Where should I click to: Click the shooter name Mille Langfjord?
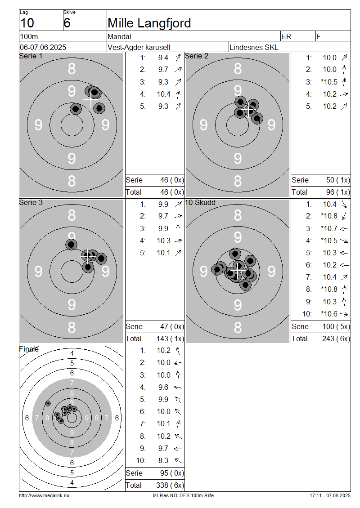[149, 23]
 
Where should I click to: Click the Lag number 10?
[27, 23]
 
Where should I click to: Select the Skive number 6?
[67, 23]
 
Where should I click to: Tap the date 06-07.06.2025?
[43, 47]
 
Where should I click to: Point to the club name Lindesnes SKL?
[254, 47]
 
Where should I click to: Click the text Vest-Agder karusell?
[139, 47]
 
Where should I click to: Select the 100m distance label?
[29, 36]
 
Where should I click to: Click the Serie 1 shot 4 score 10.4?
[163, 94]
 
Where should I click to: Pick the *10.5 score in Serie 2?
[329, 82]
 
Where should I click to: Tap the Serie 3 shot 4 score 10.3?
[163, 241]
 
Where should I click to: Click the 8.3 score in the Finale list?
[163, 460]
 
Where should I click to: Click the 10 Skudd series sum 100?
[328, 326]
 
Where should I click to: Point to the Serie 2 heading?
[197, 56]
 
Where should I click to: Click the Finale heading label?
[29, 349]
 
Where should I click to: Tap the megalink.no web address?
[44, 495]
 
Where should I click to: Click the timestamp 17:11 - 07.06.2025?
[330, 495]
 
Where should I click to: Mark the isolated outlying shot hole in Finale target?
[48, 403]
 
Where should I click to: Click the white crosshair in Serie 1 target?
[90, 100]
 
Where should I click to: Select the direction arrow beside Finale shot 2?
[178, 363]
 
